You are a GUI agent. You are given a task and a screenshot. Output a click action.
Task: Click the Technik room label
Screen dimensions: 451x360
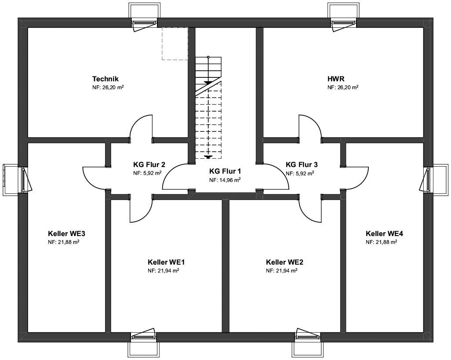[105, 79]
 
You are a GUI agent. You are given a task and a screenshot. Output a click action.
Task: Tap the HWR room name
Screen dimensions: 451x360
[336, 79]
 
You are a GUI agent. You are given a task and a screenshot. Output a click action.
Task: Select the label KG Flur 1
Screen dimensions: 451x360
[225, 171]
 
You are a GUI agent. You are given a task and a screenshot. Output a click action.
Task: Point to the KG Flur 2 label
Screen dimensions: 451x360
[149, 165]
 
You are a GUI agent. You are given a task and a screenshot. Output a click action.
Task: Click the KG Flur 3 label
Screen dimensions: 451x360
[302, 165]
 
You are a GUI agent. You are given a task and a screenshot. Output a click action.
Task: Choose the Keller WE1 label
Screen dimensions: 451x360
[166, 262]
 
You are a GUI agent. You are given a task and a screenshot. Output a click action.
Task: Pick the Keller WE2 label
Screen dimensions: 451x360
[284, 262]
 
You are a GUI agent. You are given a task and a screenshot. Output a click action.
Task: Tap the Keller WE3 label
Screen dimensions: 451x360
[66, 233]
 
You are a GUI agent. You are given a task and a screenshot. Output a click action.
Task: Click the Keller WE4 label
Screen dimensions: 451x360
[384, 233]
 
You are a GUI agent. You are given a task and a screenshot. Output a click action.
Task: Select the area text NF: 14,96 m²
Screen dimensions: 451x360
[225, 180]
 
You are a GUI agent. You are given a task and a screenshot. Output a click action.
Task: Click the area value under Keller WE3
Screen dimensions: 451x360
[64, 242]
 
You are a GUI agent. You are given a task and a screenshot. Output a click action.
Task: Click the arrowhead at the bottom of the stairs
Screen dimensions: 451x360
[208, 157]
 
